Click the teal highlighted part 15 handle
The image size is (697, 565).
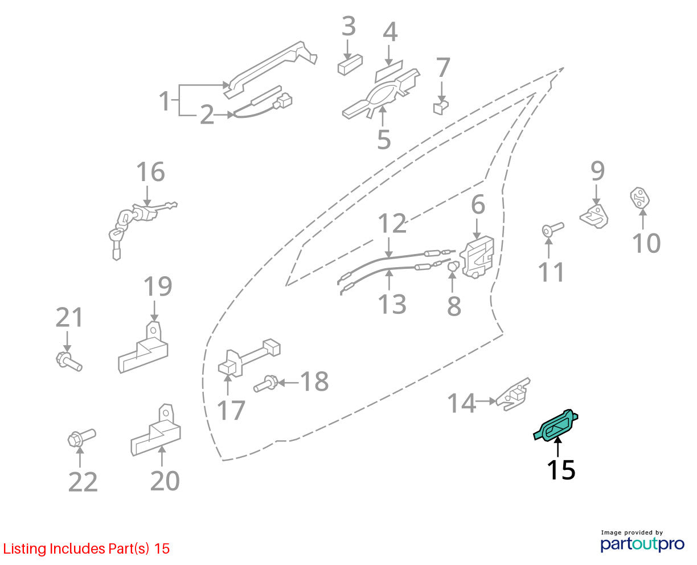555,425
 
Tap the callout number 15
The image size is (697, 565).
560,470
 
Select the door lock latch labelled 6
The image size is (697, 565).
477,257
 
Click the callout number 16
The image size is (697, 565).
150,171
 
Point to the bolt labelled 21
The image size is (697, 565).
69,362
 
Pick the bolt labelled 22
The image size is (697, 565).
81,437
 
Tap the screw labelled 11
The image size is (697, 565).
553,229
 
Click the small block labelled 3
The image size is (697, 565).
350,64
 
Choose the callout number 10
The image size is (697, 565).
646,243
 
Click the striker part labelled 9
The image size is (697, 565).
594,216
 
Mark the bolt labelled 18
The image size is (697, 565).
266,383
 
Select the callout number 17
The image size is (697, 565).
231,411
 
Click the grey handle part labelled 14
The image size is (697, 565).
512,395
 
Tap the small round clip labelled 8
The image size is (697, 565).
453,266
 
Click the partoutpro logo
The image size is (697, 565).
642,544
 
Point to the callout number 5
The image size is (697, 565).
384,140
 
